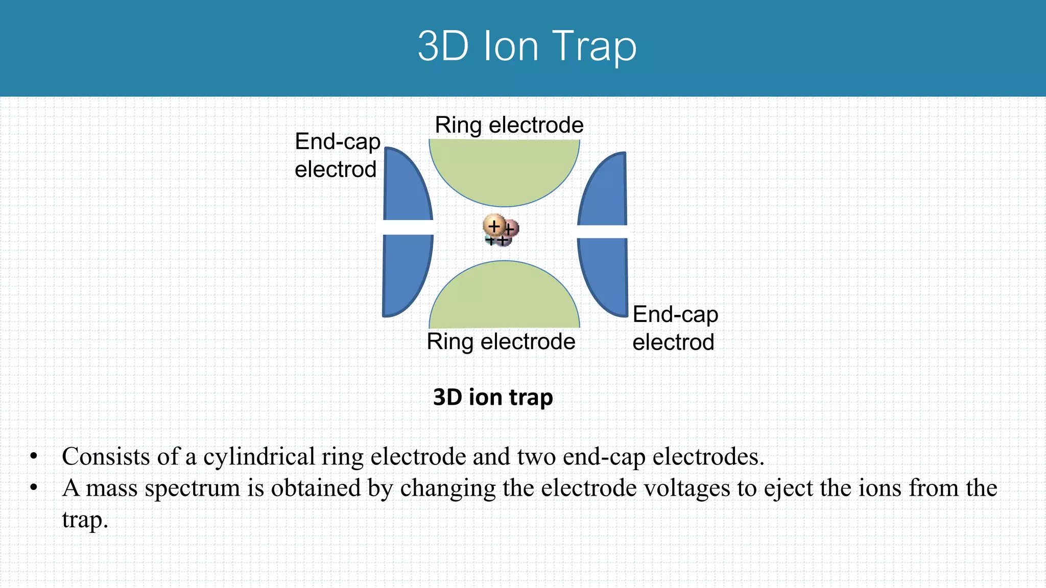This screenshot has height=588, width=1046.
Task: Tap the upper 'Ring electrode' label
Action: click(x=509, y=126)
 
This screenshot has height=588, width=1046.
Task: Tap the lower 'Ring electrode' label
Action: click(x=501, y=341)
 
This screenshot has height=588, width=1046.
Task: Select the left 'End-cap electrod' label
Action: click(x=337, y=155)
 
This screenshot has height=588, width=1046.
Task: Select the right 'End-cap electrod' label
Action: click(x=675, y=328)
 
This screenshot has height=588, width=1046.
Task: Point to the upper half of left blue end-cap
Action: click(x=405, y=189)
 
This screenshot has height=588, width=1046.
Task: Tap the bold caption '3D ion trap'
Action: click(x=493, y=397)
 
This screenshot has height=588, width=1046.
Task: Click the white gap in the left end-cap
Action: click(x=408, y=228)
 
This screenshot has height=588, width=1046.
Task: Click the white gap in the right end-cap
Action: click(x=602, y=232)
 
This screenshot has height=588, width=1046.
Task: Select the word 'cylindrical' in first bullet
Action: click(x=259, y=457)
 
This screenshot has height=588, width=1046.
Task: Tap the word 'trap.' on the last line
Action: click(x=85, y=520)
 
